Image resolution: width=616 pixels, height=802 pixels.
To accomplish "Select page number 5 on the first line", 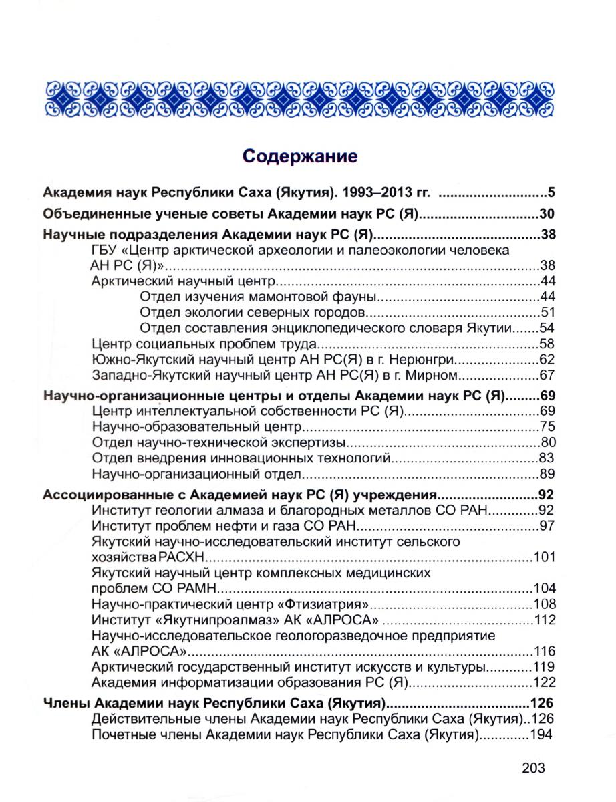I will tap(552, 194).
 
